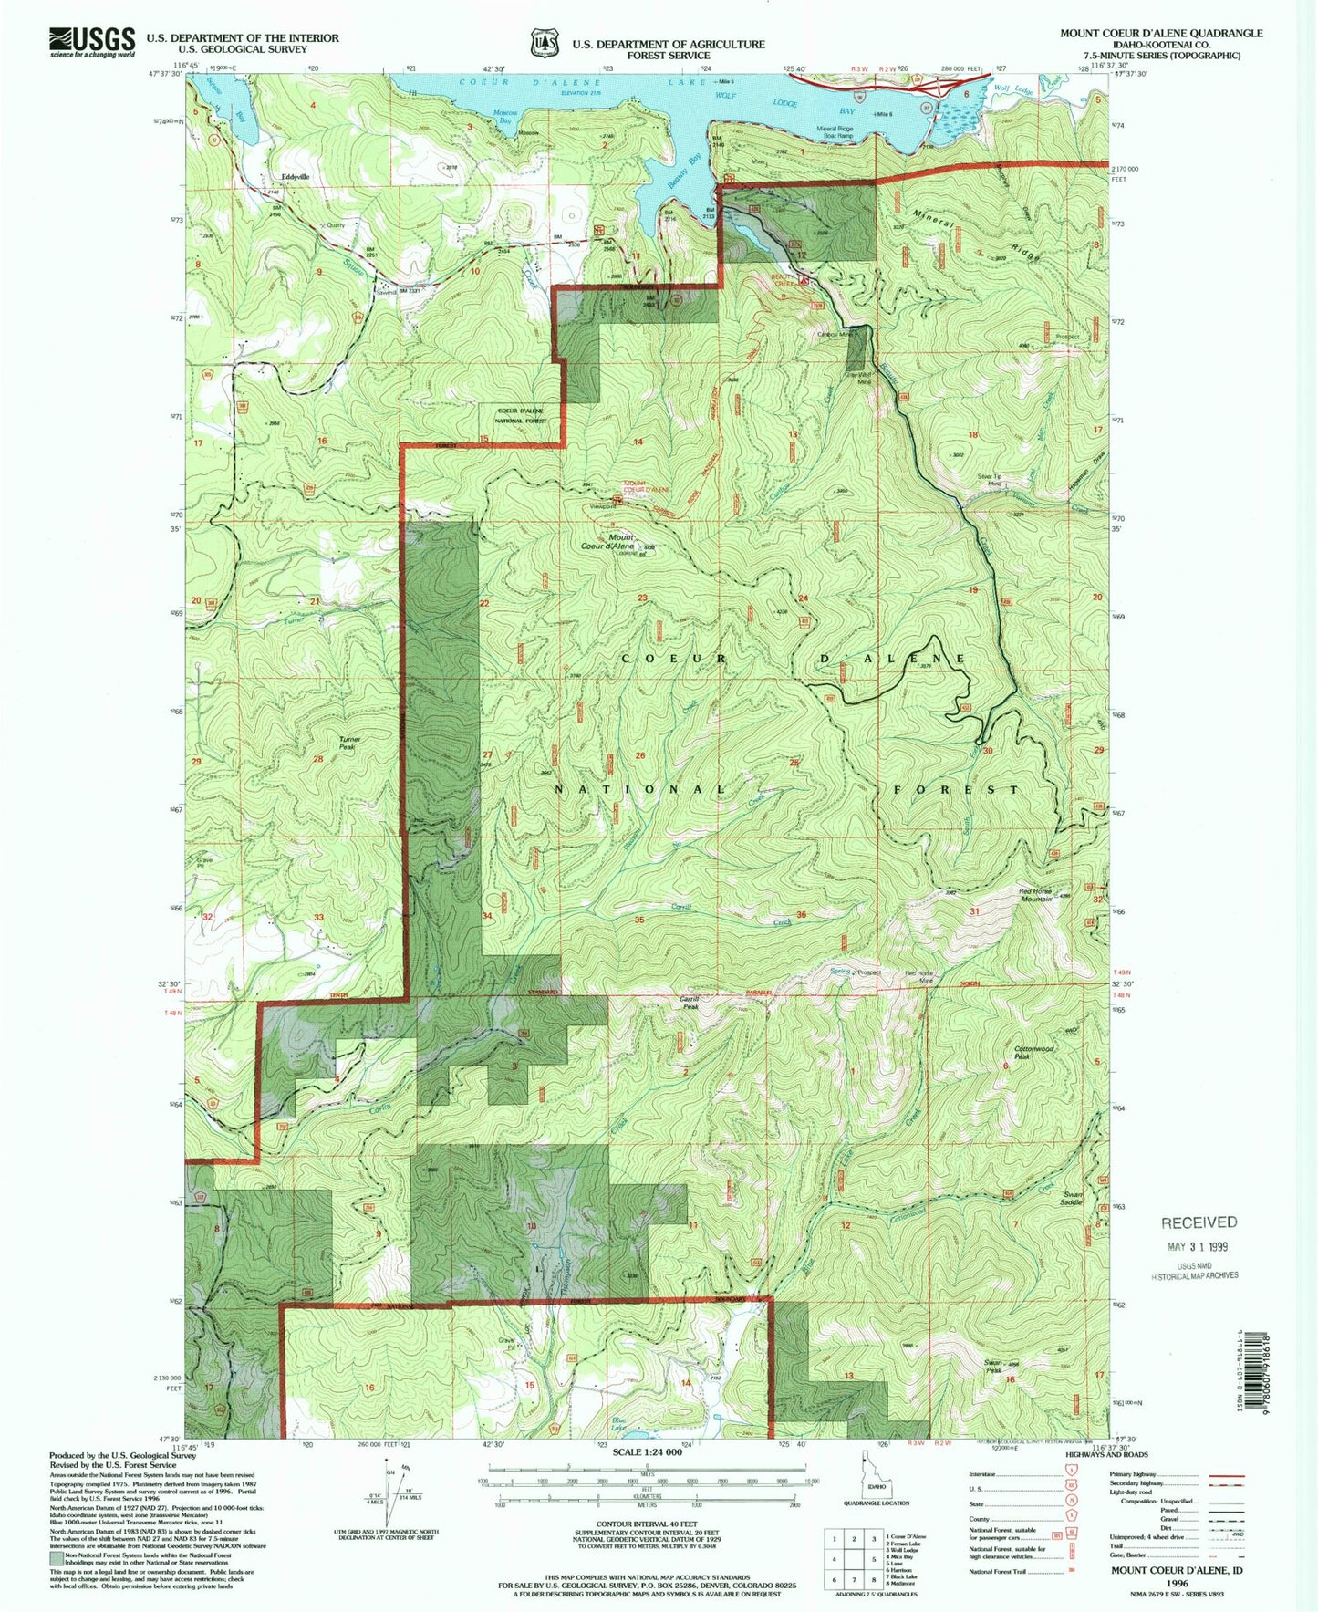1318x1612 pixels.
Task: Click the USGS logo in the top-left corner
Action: click(91, 42)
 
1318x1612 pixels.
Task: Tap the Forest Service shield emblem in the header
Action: click(545, 42)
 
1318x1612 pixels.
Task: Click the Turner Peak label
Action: click(350, 743)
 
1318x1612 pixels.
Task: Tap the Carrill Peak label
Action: click(690, 1003)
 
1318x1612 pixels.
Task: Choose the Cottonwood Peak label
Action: click(1033, 1053)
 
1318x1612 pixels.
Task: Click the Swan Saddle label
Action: click(1073, 1198)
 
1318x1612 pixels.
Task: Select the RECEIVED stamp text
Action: click(1199, 1222)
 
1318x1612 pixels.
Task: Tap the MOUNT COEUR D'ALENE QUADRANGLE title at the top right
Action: click(1160, 33)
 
